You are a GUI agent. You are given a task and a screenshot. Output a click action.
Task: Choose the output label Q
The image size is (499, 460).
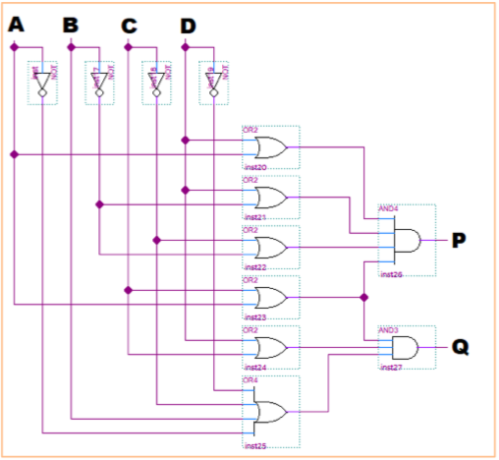point(460,347)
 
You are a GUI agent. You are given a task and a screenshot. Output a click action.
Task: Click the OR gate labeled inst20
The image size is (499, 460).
point(269,148)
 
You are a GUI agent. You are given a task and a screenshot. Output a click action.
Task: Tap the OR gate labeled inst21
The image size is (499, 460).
point(269,198)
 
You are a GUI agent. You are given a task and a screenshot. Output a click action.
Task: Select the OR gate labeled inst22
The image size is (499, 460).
point(269,246)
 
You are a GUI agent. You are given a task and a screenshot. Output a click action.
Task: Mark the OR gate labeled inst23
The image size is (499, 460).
point(269,296)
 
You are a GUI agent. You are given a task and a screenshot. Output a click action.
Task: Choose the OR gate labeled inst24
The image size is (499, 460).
point(269,347)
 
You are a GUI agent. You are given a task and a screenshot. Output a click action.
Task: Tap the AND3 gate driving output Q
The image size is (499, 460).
point(404,347)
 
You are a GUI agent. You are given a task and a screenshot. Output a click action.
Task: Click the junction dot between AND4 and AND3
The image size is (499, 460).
point(364,296)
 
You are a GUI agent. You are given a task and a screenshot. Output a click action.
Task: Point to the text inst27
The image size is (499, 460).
point(390,367)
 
